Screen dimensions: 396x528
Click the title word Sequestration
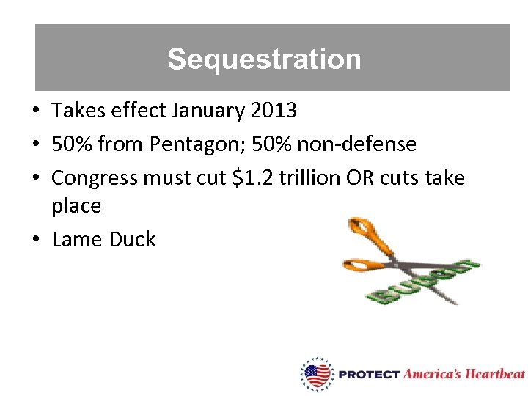pos(264,59)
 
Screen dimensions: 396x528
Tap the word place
pos(76,206)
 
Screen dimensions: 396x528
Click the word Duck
pos(132,239)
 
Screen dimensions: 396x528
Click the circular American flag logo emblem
pos(317,375)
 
